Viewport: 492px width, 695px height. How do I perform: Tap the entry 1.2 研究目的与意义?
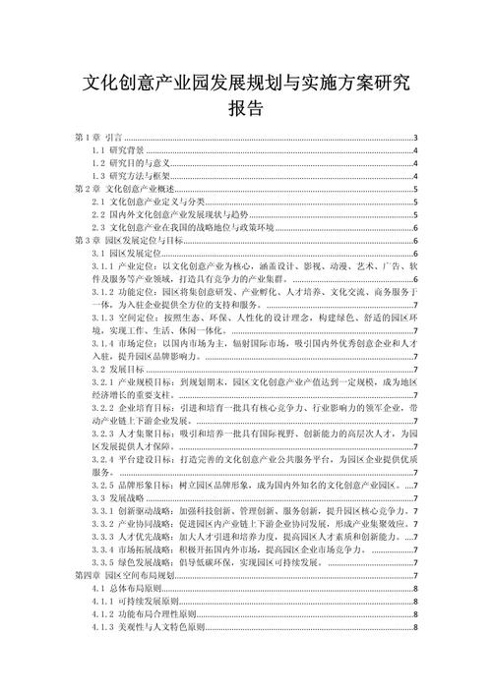133,163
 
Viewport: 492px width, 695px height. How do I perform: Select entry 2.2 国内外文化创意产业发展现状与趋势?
171,214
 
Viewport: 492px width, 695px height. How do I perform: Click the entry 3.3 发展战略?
117,497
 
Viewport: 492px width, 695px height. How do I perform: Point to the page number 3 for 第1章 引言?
417,138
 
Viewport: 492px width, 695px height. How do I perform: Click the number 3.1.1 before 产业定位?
101,265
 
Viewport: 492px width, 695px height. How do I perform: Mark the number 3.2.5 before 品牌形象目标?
101,485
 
